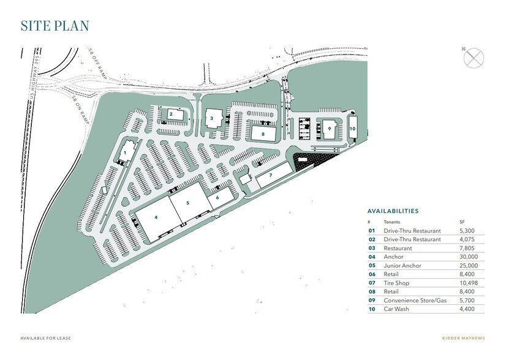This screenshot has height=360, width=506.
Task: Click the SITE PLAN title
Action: click(x=55, y=26)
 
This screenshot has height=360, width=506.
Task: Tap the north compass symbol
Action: click(x=474, y=58)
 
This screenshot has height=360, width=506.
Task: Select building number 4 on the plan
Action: click(x=156, y=217)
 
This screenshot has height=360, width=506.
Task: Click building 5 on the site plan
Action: click(x=188, y=203)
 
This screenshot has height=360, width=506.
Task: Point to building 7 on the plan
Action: click(x=270, y=176)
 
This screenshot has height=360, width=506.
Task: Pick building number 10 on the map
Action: click(x=352, y=129)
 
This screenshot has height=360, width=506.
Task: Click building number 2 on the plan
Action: click(x=172, y=114)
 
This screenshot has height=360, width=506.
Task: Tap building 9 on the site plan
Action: click(x=330, y=129)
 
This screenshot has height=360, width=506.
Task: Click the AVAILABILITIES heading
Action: click(x=393, y=211)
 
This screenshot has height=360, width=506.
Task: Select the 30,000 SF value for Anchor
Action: click(x=467, y=257)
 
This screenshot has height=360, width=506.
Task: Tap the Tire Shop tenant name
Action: click(x=397, y=283)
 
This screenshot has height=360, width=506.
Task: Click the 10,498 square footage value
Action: click(x=467, y=283)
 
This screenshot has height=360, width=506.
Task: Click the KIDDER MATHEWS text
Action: click(x=463, y=338)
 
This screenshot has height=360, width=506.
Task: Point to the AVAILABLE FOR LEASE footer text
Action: click(x=44, y=338)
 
